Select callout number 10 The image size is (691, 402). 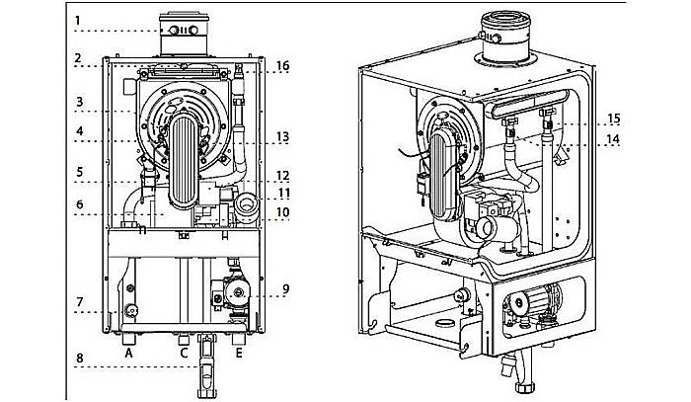(283, 211)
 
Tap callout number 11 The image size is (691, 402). (283, 192)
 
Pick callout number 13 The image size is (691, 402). (283, 136)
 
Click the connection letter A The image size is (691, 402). (127, 351)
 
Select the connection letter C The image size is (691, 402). (184, 351)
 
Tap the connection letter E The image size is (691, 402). (239, 351)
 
